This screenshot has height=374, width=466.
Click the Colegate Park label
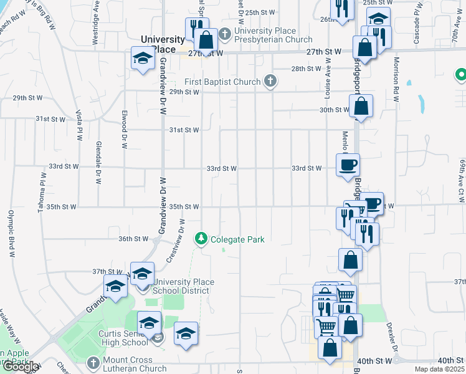pyautogui.click(x=237, y=239)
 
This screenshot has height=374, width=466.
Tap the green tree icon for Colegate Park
pyautogui.click(x=201, y=238)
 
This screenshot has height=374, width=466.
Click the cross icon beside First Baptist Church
pyautogui.click(x=270, y=81)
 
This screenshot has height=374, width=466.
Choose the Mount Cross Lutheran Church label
pyautogui.click(x=136, y=365)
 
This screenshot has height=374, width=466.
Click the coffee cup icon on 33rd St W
pyautogui.click(x=348, y=165)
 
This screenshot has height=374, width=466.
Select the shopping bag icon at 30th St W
pyautogui.click(x=361, y=106)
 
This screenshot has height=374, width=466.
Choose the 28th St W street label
pyautogui.click(x=306, y=69)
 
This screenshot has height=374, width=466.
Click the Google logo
pyautogui.click(x=21, y=367)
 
